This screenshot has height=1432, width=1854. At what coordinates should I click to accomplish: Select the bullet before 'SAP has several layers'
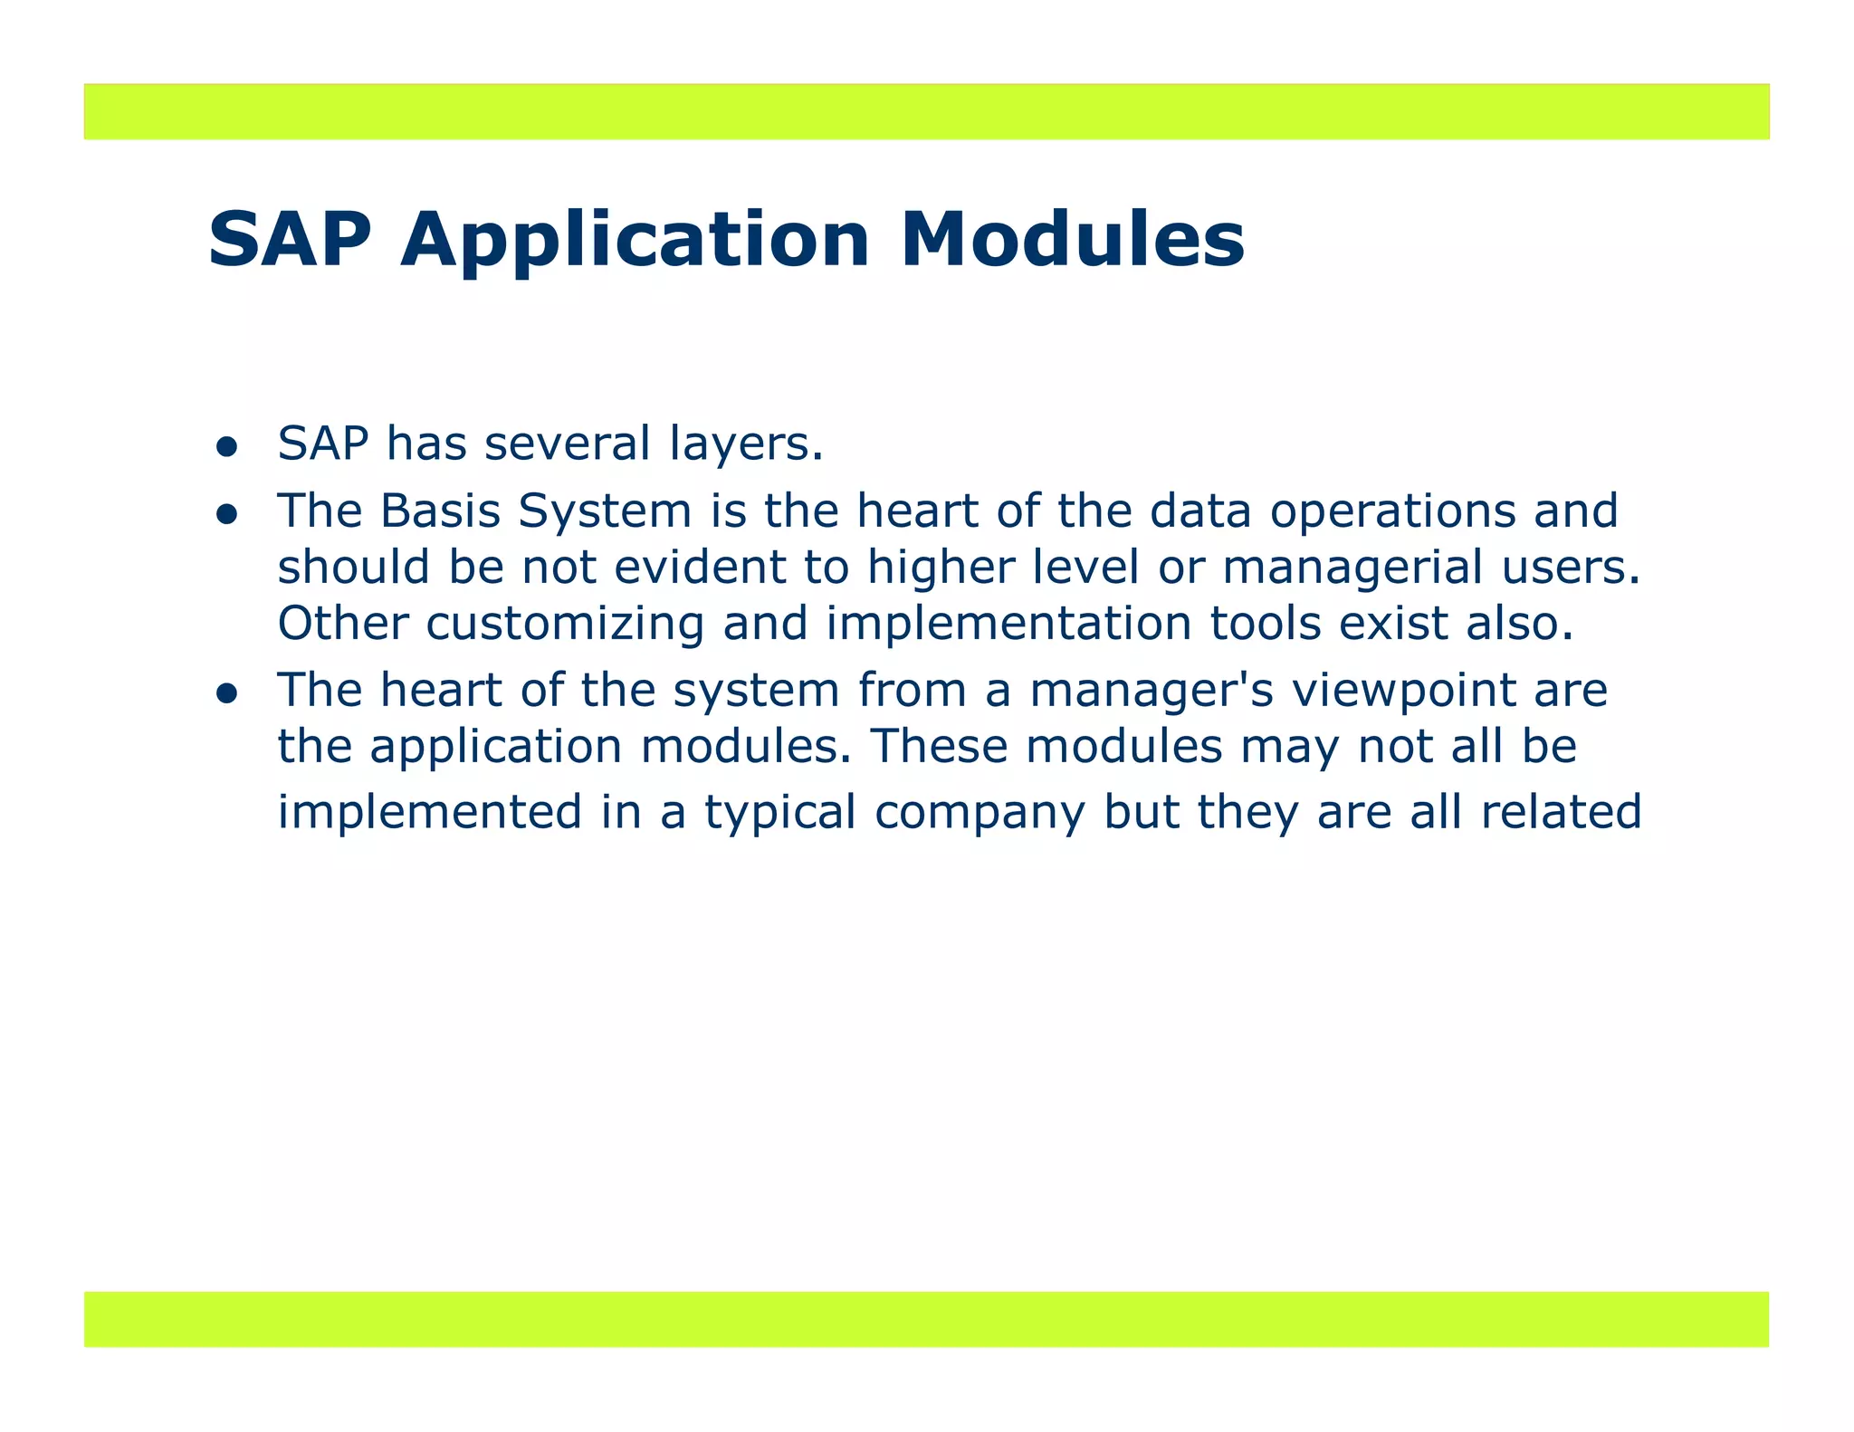click(226, 447)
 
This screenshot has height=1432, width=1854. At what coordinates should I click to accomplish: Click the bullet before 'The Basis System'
click(226, 515)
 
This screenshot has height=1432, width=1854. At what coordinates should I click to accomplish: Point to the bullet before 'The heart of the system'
click(226, 694)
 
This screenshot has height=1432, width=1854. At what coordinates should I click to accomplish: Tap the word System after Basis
click(605, 512)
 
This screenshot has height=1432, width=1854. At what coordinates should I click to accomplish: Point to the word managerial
click(1352, 569)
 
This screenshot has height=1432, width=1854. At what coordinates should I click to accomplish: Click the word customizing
click(564, 624)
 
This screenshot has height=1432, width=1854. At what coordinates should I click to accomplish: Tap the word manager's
click(1152, 692)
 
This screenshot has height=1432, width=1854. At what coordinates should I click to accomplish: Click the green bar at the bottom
click(926, 1319)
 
